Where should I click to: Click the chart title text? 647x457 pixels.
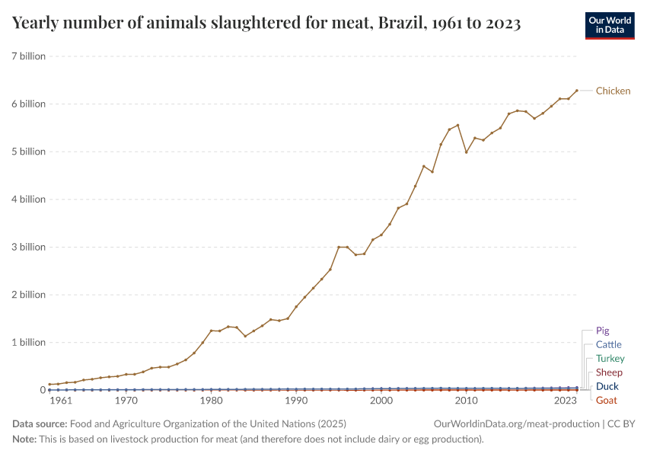click(266, 23)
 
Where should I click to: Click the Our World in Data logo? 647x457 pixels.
click(609, 24)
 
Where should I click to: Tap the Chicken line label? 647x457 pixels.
click(613, 91)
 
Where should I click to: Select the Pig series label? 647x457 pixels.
click(602, 331)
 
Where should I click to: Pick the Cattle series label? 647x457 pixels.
click(608, 344)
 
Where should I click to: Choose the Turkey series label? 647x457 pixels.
click(610, 358)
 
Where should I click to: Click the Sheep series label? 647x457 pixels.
click(609, 372)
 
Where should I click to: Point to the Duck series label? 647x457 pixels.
click(607, 386)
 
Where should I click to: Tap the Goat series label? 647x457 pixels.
click(606, 400)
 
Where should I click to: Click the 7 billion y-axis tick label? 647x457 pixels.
click(29, 56)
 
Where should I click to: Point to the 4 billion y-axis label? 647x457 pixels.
click(29, 199)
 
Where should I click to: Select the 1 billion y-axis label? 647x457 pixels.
click(29, 342)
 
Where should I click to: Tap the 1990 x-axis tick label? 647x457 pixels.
click(296, 401)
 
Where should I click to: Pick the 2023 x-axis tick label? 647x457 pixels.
click(565, 401)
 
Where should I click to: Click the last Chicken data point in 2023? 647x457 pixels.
click(577, 91)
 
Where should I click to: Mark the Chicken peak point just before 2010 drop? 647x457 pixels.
click(457, 125)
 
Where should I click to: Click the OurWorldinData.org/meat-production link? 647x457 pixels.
click(515, 423)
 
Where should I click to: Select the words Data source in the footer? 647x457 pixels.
click(40, 423)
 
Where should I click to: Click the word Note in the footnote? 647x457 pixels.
click(24, 439)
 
